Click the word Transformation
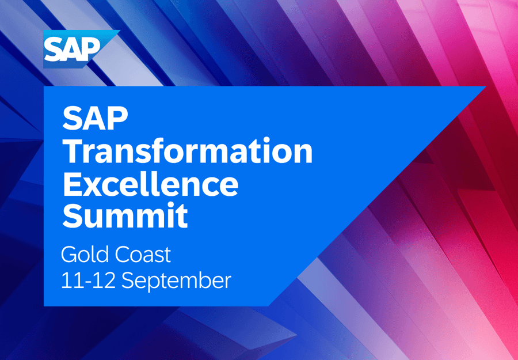[188, 151]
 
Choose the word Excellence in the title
[150, 184]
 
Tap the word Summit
[125, 216]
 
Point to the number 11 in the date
[69, 281]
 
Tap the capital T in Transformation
[74, 151]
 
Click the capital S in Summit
[73, 216]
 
